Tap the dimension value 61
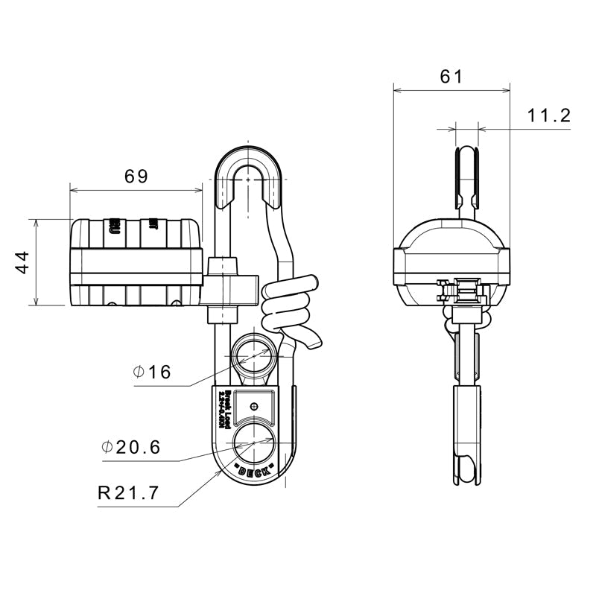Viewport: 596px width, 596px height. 451,76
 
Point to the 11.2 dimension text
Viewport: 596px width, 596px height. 548,115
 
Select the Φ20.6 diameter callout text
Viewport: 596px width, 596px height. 131,447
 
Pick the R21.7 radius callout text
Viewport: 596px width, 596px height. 129,493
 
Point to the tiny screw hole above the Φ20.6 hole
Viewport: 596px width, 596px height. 255,406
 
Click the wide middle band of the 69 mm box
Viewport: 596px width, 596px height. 136,262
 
